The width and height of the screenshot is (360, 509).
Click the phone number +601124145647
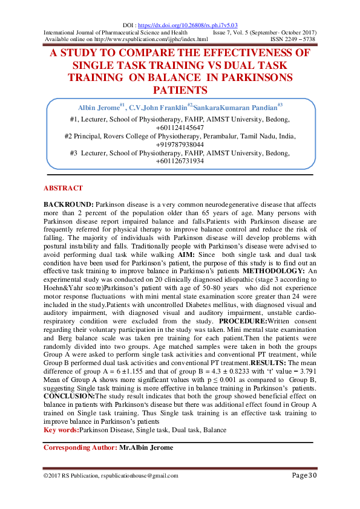(x=180, y=128)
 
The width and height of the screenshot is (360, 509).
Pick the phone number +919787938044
(x=180, y=145)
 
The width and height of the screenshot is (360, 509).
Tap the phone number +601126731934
(x=180, y=162)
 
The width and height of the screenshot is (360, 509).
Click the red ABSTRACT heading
(x=64, y=189)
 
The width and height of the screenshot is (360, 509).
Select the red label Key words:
(x=61, y=430)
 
